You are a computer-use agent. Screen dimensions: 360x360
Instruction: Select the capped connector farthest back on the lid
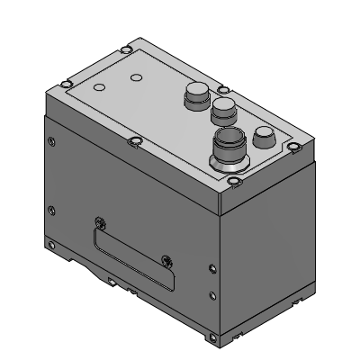click(x=196, y=94)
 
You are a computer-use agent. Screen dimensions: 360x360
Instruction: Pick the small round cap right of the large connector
click(x=265, y=137)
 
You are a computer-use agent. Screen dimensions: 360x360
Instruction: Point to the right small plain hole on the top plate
click(x=136, y=78)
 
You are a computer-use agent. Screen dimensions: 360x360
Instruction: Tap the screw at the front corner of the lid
click(x=233, y=184)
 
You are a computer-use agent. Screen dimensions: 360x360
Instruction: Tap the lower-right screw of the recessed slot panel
click(x=166, y=261)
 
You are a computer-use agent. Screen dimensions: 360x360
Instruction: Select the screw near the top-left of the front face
click(x=52, y=141)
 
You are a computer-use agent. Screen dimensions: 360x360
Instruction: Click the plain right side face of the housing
click(x=270, y=243)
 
